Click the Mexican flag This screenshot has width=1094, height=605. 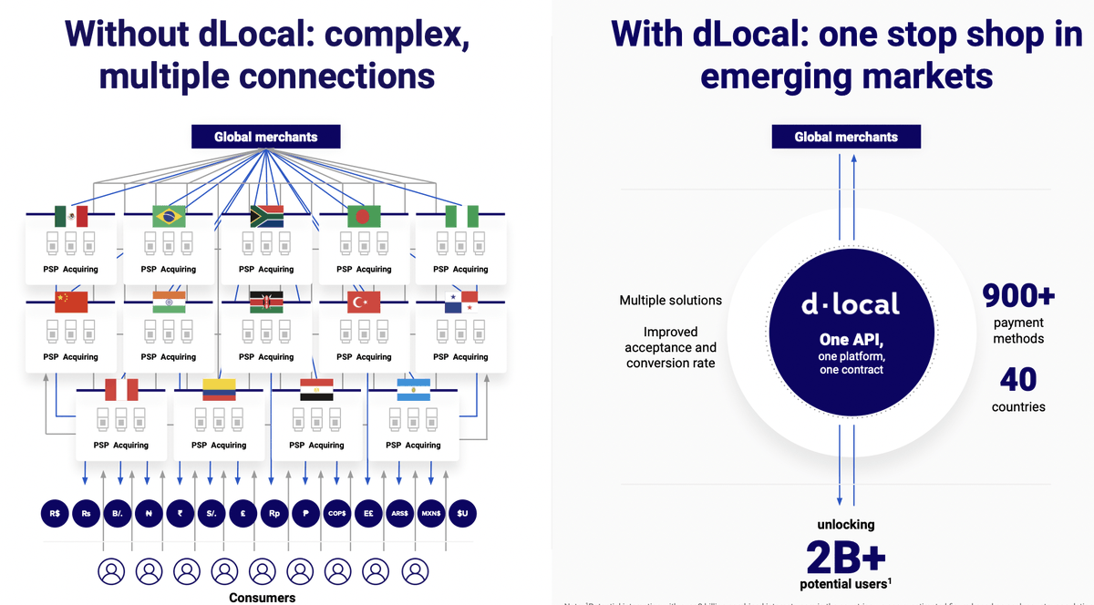[x=71, y=216]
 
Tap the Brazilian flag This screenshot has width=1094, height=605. [x=169, y=216]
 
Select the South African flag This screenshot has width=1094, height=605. [x=266, y=216]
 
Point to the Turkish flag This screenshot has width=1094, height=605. [x=364, y=302]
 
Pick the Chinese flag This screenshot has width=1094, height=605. [x=71, y=302]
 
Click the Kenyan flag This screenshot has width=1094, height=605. [x=266, y=302]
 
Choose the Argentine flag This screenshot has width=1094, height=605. [x=413, y=390]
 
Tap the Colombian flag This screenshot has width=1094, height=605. [x=219, y=390]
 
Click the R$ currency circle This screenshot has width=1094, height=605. [x=56, y=513]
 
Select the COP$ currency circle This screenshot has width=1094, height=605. [x=337, y=513]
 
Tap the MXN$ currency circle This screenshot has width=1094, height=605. [x=430, y=513]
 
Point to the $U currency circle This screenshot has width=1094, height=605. [x=462, y=513]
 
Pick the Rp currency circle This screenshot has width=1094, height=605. [x=274, y=513]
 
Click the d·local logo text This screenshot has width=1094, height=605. [x=850, y=304]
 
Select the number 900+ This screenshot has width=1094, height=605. [x=1018, y=296]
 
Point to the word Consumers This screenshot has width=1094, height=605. [x=262, y=597]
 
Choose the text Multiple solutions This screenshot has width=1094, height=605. [x=670, y=300]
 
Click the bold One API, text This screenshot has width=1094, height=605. [x=850, y=340]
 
